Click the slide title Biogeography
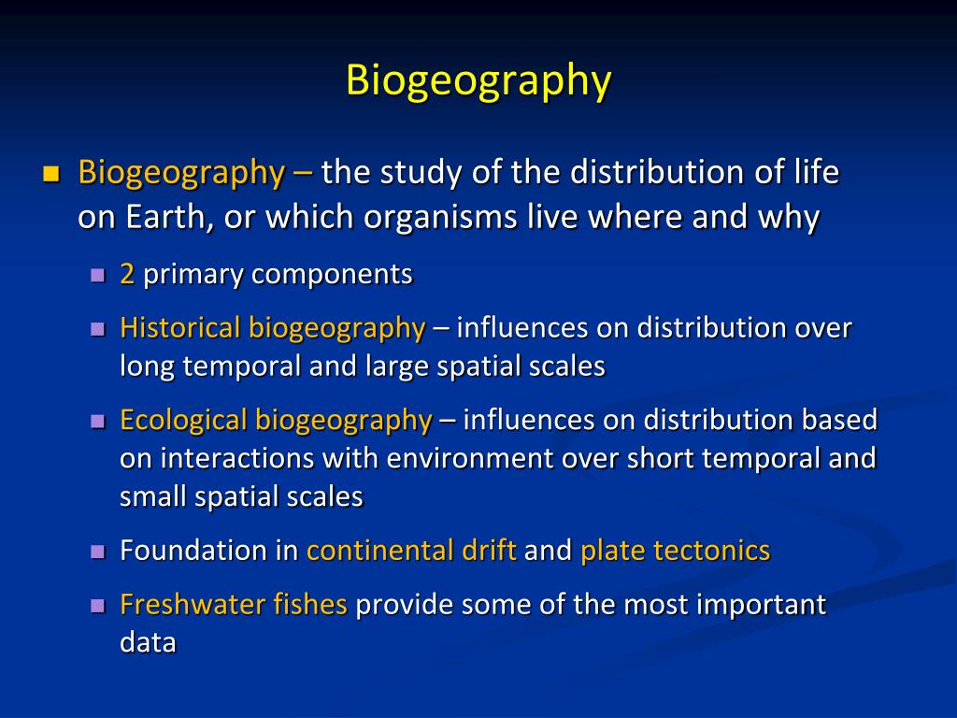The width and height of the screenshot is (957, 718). click(478, 80)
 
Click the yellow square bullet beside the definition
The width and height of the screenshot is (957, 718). click(50, 174)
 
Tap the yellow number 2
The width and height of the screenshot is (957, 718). click(127, 274)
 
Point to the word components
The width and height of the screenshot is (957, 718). click(331, 274)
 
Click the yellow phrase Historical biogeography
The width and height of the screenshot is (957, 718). click(272, 328)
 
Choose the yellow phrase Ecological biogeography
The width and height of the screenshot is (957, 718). click(276, 420)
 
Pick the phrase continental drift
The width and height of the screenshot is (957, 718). click(411, 550)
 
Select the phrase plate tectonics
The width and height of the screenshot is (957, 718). click(675, 550)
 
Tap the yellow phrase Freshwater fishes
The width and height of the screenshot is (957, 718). click(234, 605)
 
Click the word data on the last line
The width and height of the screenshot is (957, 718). click(148, 643)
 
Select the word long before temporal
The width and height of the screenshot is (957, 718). click(148, 366)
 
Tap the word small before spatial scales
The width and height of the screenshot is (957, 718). click(154, 496)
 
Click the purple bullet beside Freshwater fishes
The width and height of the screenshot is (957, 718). click(98, 606)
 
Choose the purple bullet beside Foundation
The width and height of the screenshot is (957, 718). click(98, 551)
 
